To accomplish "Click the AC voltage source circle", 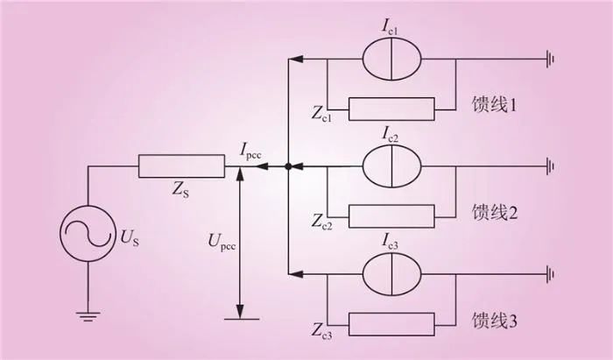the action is pyautogui.click(x=60, y=233).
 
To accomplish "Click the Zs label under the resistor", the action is pyautogui.click(x=180, y=190).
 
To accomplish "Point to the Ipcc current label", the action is pyautogui.click(x=250, y=151).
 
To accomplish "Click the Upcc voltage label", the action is pyautogui.click(x=222, y=241).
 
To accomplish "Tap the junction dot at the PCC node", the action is pyautogui.click(x=288, y=166).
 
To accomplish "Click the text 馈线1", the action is pyautogui.click(x=494, y=104).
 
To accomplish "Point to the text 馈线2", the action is pyautogui.click(x=495, y=212).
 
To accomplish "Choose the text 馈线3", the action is pyautogui.click(x=495, y=321).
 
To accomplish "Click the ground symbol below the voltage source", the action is pyautogui.click(x=88, y=316).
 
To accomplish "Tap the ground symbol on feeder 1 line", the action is pyautogui.click(x=551, y=60).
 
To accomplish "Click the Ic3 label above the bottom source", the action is pyautogui.click(x=390, y=242).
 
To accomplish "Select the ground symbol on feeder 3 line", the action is pyautogui.click(x=551, y=274).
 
